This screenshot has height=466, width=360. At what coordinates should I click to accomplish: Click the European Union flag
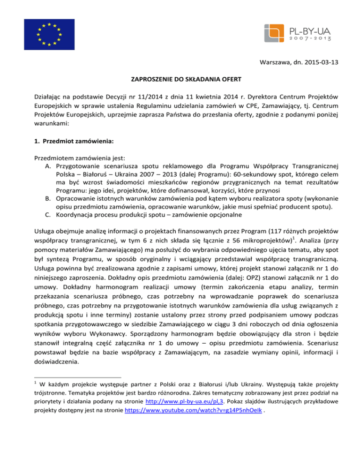pos(48,34)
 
